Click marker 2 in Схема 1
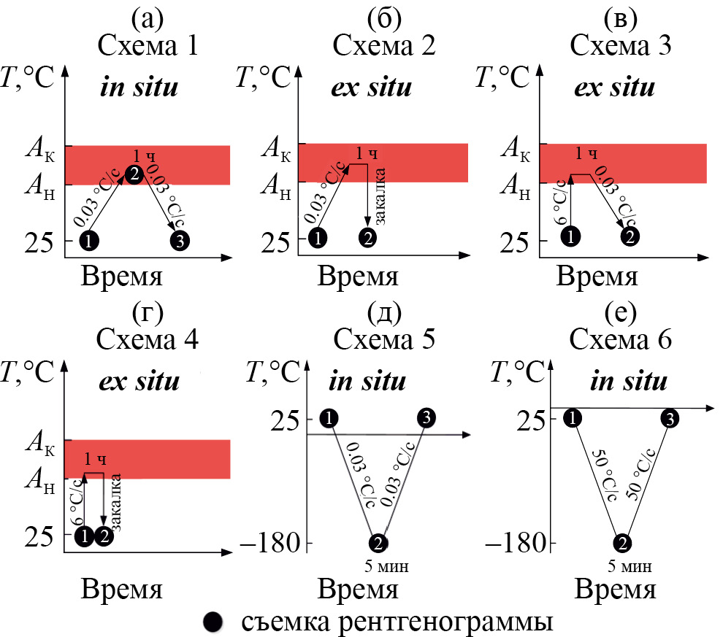coord(134,173)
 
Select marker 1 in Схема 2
coord(317,238)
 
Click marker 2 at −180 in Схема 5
coord(378,543)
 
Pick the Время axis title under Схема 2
coord(359,277)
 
